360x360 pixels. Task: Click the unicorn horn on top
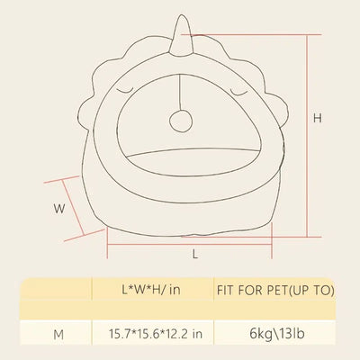180,36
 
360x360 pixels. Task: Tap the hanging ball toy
181,121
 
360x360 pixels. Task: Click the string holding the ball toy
180,93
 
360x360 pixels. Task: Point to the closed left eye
125,91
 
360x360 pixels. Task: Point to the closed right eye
238,91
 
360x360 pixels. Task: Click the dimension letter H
318,119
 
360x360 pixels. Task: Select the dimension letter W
59,209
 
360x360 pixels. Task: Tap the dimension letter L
195,255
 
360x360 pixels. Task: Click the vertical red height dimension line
307,136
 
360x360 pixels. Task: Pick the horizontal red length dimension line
189,244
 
